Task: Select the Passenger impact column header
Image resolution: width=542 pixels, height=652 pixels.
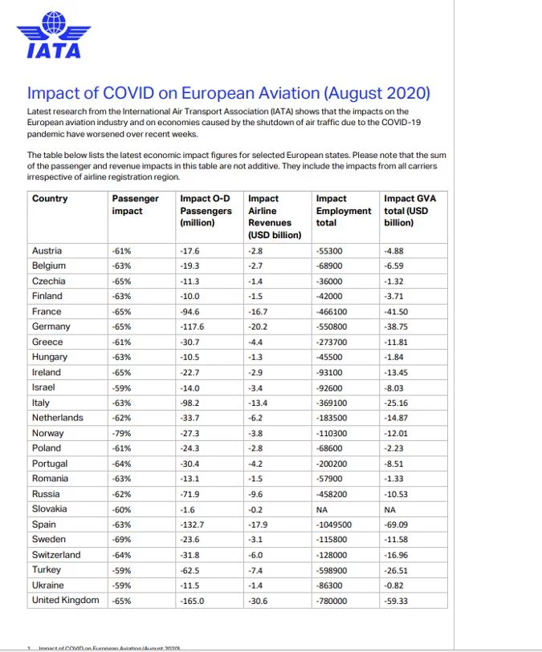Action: [135, 205]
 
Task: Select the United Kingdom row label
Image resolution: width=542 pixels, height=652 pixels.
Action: [66, 600]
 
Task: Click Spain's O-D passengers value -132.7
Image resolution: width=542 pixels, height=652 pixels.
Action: [193, 524]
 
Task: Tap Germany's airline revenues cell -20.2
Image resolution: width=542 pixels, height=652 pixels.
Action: [258, 327]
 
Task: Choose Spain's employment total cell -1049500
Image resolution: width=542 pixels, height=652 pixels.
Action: [335, 524]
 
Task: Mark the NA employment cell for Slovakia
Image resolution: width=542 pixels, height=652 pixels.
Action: [323, 509]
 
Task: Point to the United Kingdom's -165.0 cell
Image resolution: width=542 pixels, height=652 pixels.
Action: [193, 601]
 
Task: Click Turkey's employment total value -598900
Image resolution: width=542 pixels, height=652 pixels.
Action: [332, 570]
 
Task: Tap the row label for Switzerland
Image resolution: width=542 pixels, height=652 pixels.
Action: [56, 555]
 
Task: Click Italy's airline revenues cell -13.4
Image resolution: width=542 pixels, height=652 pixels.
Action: [258, 403]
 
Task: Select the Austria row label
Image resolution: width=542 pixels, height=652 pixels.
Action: [47, 251]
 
